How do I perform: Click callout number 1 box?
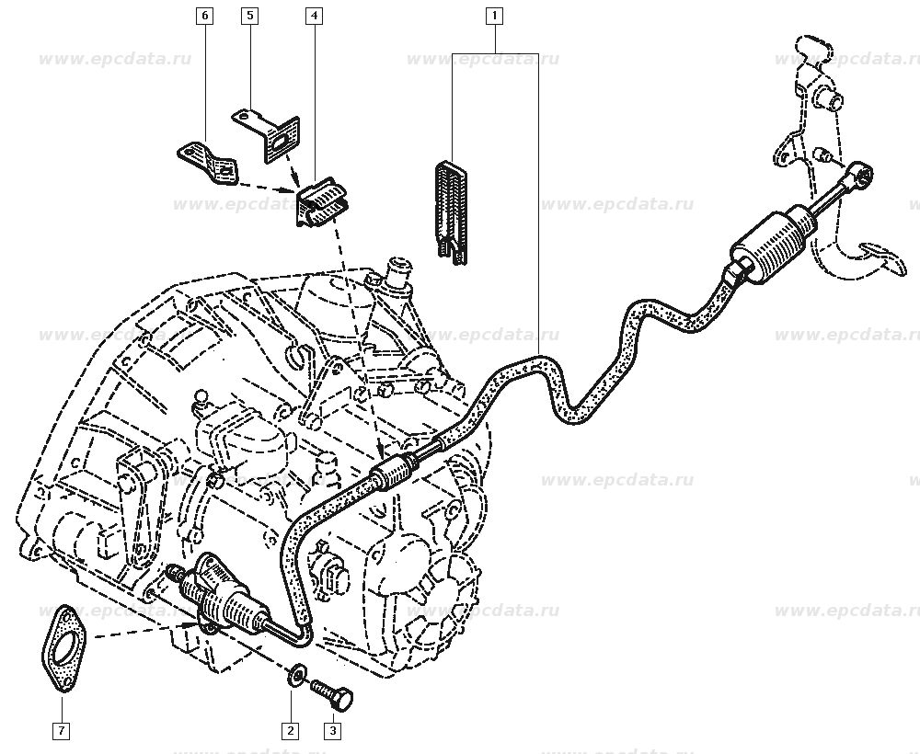495,16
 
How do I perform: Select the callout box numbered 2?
291,731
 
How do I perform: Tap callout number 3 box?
331,731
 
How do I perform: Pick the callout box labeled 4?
314,16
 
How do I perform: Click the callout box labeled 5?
248,16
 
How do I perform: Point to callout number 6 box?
204,16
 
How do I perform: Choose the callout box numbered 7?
61,731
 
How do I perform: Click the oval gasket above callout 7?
63,648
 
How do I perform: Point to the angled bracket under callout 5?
269,133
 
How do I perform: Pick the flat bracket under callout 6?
207,161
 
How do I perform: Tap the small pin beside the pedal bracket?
823,154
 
